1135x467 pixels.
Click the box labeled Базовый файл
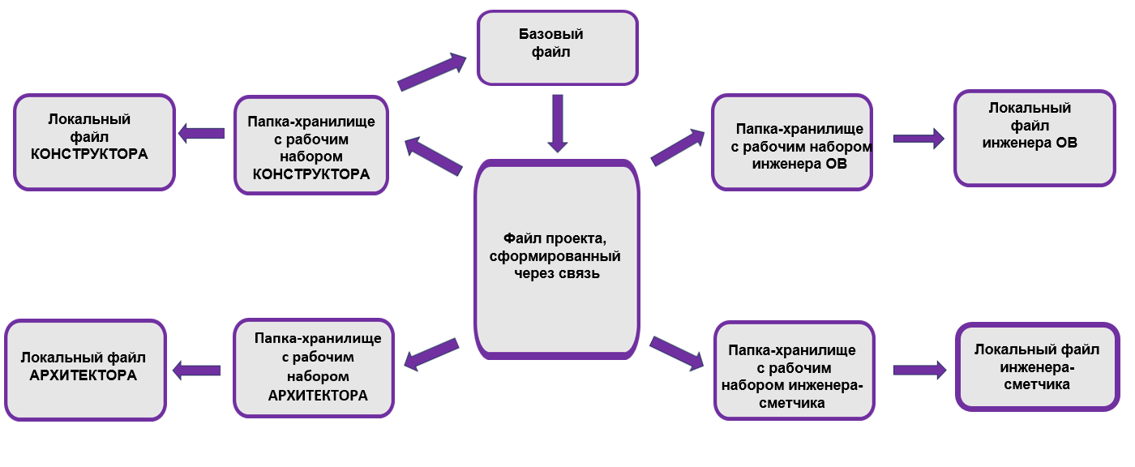557,48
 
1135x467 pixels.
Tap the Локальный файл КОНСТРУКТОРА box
94,143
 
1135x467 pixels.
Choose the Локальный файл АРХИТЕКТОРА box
85,369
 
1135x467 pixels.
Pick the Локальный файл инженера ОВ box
1034,138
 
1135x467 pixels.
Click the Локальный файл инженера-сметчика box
1037,366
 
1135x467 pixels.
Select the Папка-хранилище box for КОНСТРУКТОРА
311,146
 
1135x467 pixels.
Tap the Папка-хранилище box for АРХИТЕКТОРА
312,367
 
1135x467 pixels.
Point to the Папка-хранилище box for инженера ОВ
792,143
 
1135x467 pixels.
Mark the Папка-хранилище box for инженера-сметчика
794,371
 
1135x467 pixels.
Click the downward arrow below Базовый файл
556,122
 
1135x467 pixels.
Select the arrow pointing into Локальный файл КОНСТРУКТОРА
202,133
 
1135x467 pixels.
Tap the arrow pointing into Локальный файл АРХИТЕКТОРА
198,371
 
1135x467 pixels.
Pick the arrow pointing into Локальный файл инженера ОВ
919,139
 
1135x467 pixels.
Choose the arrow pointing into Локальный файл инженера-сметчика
919,370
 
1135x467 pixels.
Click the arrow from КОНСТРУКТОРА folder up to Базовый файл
432,71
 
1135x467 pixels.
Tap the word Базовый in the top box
551,35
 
